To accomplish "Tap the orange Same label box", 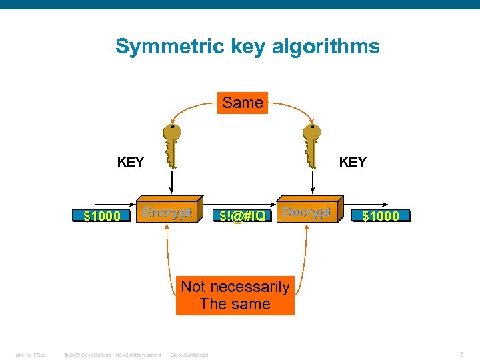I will pyautogui.click(x=243, y=103).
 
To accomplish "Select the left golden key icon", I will pyautogui.click(x=172, y=143).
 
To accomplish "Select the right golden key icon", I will pyautogui.click(x=311, y=143).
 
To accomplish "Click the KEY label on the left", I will pyautogui.click(x=130, y=162).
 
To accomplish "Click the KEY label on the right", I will pyautogui.click(x=353, y=162).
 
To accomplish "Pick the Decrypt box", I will pyautogui.click(x=307, y=213).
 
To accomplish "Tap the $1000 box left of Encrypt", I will pyautogui.click(x=102, y=216).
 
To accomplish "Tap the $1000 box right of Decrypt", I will pyautogui.click(x=381, y=216).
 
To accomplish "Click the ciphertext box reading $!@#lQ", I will pyautogui.click(x=243, y=216).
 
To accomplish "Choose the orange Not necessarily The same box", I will pyautogui.click(x=235, y=295).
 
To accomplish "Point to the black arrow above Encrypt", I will pyautogui.click(x=172, y=181).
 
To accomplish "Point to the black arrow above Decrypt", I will pyautogui.click(x=312, y=181).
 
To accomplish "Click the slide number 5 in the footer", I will pyautogui.click(x=462, y=354).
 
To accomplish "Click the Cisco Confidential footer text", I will pyautogui.click(x=189, y=355).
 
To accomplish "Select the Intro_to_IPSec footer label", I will pyautogui.click(x=29, y=355).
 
